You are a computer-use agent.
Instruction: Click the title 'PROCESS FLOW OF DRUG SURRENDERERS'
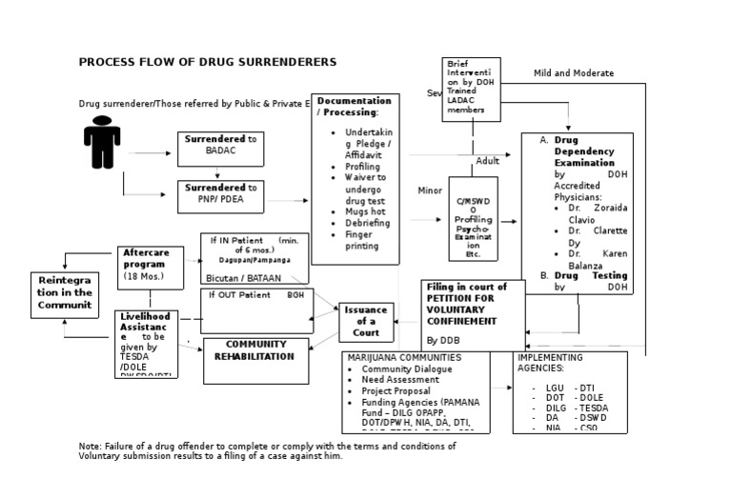coord(207,62)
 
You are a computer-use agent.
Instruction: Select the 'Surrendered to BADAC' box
coord(221,145)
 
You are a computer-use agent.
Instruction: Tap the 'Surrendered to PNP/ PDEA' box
coord(221,193)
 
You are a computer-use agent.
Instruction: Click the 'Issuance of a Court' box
coord(366,321)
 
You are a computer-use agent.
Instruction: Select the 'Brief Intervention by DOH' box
coord(472,89)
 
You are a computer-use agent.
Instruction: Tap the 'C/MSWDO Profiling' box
coord(473,219)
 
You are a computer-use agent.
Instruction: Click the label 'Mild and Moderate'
coord(573,73)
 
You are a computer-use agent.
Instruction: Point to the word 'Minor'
coord(430,190)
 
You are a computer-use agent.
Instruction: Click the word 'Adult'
coord(487,161)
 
